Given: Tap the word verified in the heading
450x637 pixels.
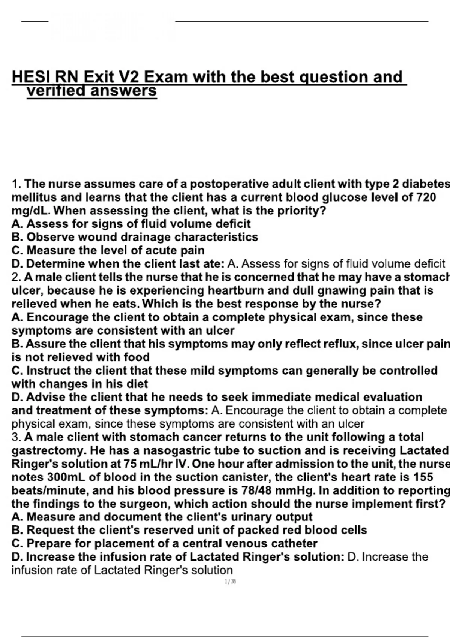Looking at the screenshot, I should point(55,91).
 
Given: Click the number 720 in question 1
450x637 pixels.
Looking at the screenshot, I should point(426,197).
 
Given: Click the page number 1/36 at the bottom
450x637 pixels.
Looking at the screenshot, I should point(230,582).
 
